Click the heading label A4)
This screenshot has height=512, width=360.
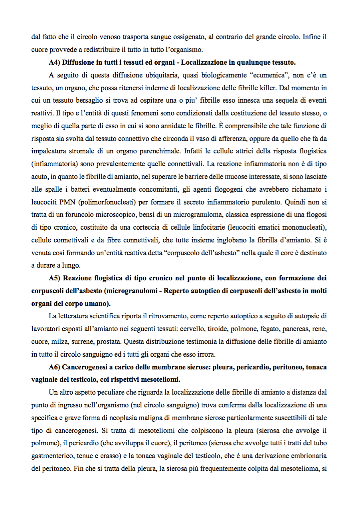click(x=54, y=63)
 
